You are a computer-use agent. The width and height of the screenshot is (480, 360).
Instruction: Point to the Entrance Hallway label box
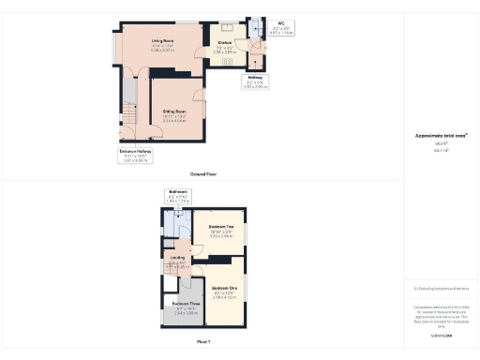[135, 155]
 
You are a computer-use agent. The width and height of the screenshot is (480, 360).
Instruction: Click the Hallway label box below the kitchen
[255, 82]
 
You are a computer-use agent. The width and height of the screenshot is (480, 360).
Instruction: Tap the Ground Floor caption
[203, 174]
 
